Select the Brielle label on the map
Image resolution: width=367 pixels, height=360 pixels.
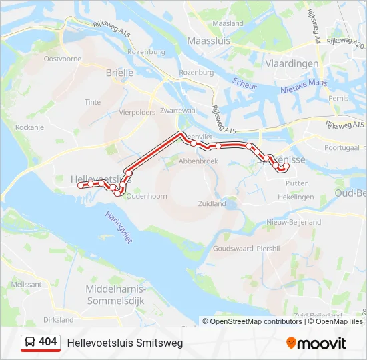pyautogui.click(x=120, y=74)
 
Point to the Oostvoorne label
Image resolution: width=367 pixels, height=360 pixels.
pyautogui.click(x=62, y=59)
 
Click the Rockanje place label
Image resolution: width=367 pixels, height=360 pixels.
pyautogui.click(x=29, y=127)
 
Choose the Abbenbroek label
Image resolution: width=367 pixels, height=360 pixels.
pyautogui.click(x=198, y=161)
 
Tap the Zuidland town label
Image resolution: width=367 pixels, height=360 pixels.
pyautogui.click(x=212, y=204)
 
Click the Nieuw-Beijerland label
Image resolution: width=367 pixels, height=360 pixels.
pyautogui.click(x=293, y=222)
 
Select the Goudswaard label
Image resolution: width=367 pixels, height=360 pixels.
pyautogui.click(x=233, y=248)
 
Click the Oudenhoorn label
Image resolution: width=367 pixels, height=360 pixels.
pyautogui.click(x=146, y=196)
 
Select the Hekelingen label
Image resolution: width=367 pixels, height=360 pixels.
pyautogui.click(x=296, y=197)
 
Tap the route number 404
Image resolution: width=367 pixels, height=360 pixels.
pyautogui.click(x=48, y=342)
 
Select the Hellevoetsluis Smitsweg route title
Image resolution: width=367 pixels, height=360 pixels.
pyautogui.click(x=125, y=343)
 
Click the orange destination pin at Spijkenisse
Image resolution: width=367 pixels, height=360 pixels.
pyautogui.click(x=282, y=167)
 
